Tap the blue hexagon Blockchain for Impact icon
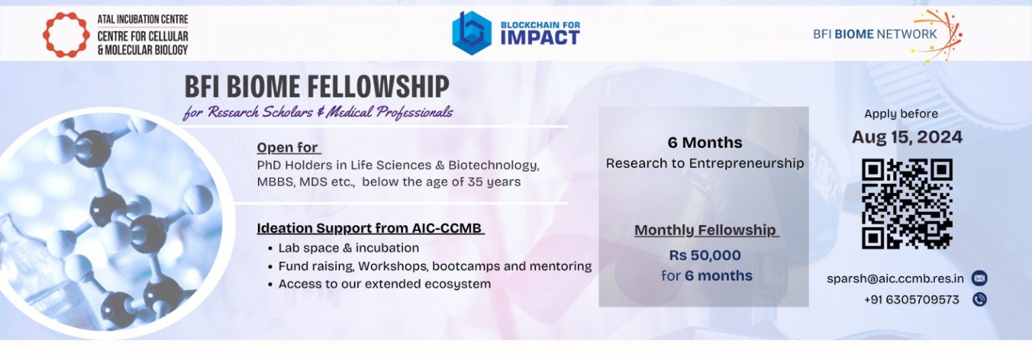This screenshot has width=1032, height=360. (472, 33)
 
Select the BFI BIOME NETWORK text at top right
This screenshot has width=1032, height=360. (875, 34)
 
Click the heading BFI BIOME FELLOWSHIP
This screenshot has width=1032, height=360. (317, 87)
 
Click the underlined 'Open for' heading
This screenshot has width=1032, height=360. (288, 147)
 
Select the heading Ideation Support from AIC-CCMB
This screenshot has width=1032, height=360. (370, 228)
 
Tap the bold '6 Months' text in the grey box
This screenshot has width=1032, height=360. (705, 142)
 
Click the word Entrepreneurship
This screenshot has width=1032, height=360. (746, 163)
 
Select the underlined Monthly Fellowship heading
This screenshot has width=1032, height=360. (706, 230)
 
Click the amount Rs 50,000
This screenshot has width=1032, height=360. (705, 255)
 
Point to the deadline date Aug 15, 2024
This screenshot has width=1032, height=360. (906, 137)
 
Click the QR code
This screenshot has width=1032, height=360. (906, 204)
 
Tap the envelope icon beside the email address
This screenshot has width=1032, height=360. (980, 278)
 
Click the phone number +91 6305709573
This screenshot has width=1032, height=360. (911, 300)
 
